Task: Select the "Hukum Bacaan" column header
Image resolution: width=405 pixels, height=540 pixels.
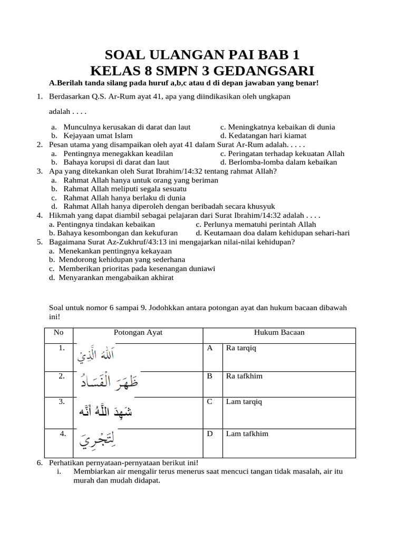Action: (x=279, y=333)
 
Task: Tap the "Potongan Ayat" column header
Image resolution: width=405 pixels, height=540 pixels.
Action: (x=138, y=333)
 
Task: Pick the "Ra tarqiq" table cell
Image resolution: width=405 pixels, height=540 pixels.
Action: (x=240, y=349)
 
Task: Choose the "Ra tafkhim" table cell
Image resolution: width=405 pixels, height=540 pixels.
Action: (x=244, y=377)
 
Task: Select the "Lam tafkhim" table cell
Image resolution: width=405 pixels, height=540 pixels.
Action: (x=247, y=434)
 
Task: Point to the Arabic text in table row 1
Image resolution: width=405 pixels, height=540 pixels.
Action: (x=95, y=355)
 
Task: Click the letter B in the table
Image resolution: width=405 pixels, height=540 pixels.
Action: (x=209, y=377)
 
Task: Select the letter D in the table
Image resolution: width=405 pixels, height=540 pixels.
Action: (x=209, y=434)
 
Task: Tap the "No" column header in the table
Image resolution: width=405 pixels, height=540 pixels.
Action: (x=59, y=333)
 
